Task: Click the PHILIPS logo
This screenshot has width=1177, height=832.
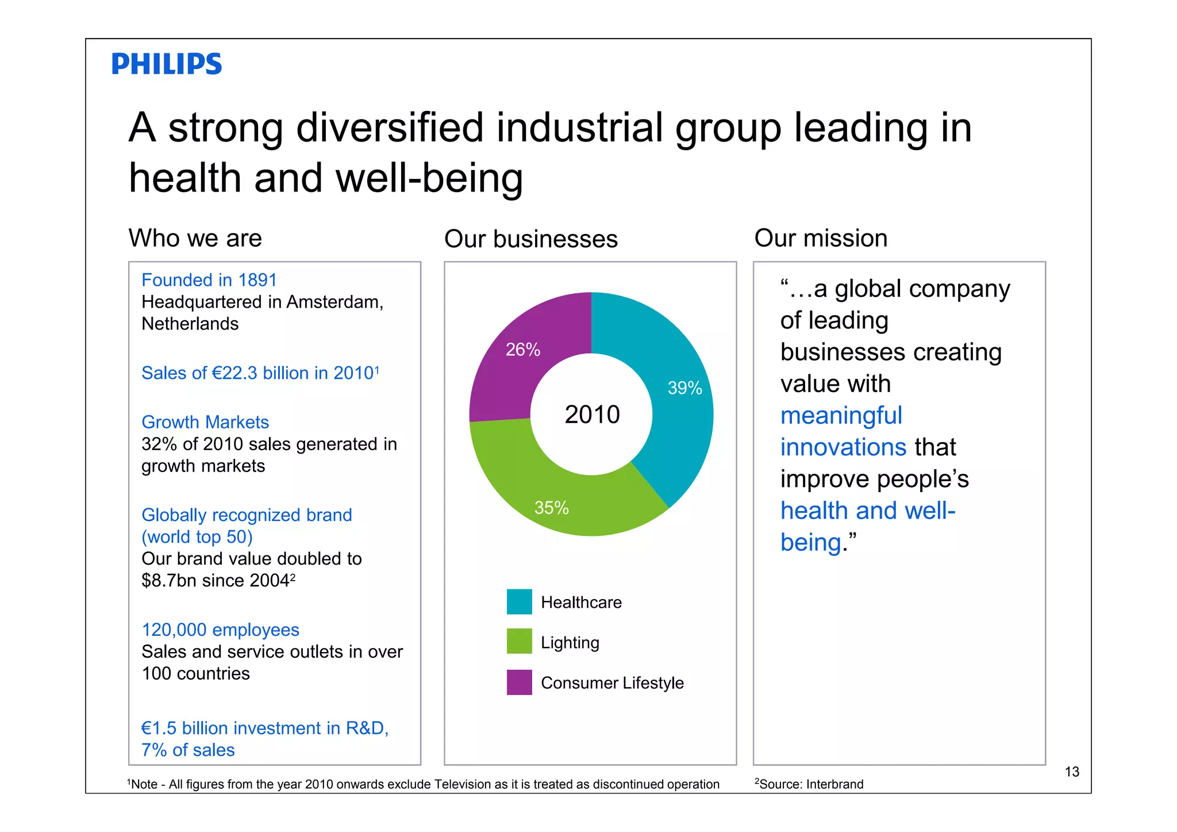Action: (166, 64)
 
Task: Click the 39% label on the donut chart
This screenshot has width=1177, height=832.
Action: (684, 388)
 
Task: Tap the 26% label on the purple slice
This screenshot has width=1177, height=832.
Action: (522, 350)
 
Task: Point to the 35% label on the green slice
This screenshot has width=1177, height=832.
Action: (551, 508)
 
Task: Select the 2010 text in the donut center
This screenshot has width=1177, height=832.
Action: (592, 415)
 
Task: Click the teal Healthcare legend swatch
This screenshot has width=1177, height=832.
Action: (519, 602)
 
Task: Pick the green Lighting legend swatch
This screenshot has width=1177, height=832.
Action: (519, 642)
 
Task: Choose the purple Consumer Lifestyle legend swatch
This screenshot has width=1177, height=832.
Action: (519, 683)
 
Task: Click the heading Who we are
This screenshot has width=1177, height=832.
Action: (195, 238)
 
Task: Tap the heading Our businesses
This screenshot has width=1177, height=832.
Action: (530, 239)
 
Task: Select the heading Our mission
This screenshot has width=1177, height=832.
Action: (820, 238)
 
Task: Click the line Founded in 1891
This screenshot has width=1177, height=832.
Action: (209, 280)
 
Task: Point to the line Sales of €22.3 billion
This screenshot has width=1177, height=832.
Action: (260, 373)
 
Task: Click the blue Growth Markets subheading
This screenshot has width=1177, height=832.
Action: (205, 422)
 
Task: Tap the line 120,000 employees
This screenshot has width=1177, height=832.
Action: (220, 630)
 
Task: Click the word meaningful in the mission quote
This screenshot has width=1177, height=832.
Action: (841, 416)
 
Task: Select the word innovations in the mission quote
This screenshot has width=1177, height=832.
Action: (843, 447)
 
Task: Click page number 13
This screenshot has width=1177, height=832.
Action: (1072, 772)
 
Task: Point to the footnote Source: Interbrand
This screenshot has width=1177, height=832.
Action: (810, 784)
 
